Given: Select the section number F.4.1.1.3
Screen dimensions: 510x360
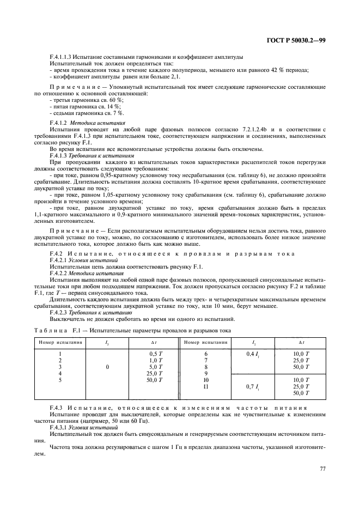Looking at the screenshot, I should pyautogui.click(x=62, y=57).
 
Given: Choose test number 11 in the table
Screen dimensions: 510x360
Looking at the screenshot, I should pyautogui.click(x=205, y=386).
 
